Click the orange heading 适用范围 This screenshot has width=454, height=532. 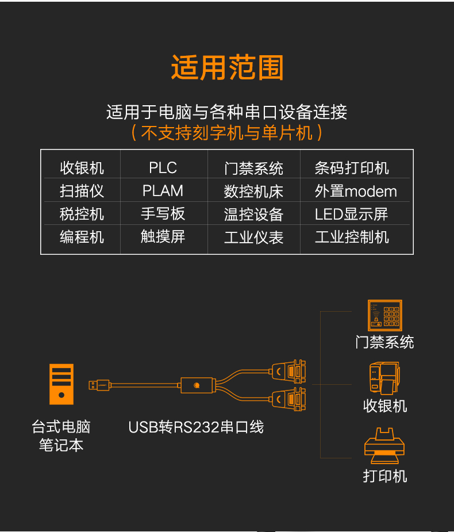pyautogui.click(x=227, y=67)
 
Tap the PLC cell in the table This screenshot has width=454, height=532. pyautogui.click(x=163, y=167)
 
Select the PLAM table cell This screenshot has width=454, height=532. pyautogui.click(x=163, y=191)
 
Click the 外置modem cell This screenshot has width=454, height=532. pyautogui.click(x=356, y=191)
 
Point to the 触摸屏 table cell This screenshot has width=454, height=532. pyautogui.click(x=163, y=236)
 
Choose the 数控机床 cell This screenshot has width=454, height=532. pyautogui.click(x=253, y=192)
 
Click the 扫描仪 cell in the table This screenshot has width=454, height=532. pyautogui.click(x=82, y=191)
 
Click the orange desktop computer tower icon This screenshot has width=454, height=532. pyautogui.click(x=61, y=384)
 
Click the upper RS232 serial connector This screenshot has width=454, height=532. pyautogui.click(x=289, y=371)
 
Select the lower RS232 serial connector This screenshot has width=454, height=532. pyautogui.click(x=289, y=399)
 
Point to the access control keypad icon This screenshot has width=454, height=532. pyautogui.click(x=385, y=315)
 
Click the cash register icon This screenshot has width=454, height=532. pyautogui.click(x=384, y=378)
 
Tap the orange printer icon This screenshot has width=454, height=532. pyautogui.click(x=384, y=446)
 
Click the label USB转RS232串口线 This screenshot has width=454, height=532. pyautogui.click(x=196, y=427)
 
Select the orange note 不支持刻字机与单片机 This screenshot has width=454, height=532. pyautogui.click(x=226, y=133)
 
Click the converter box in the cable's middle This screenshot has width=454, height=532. pyautogui.click(x=197, y=385)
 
